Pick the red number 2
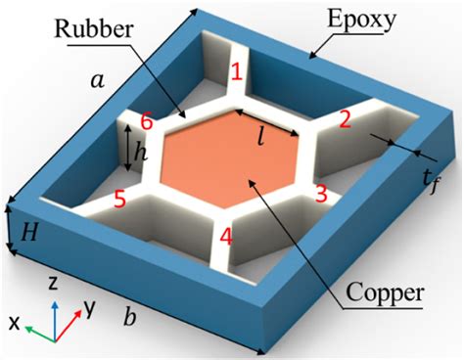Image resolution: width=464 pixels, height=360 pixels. (x=344, y=120)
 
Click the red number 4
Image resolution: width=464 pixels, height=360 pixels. (x=225, y=237)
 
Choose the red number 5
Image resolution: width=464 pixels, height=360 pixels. (x=118, y=200)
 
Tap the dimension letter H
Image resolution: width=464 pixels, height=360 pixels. (x=28, y=232)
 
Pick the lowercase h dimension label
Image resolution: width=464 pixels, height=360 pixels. (x=140, y=153)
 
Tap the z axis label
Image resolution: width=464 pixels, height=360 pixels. (x=49, y=284)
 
